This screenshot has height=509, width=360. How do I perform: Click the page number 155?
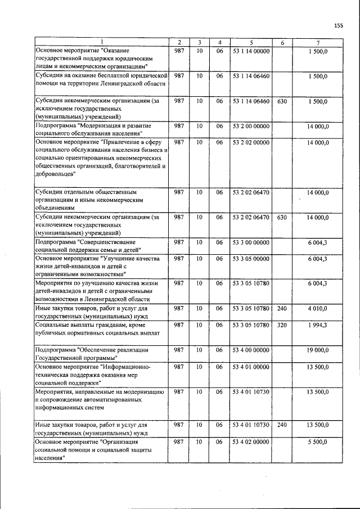(338, 25)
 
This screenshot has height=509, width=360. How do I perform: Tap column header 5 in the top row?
(251, 43)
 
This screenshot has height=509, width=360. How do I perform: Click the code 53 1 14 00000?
(251, 51)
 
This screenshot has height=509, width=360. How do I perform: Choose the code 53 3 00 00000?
(251, 242)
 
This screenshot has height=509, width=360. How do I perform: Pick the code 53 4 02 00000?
(251, 443)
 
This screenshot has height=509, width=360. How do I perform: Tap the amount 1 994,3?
(318, 325)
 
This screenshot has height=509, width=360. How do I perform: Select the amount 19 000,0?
(318, 350)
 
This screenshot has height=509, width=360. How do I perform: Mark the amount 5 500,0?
(318, 443)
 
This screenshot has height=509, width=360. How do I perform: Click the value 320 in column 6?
(282, 325)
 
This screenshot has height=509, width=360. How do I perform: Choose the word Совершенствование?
(107, 242)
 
